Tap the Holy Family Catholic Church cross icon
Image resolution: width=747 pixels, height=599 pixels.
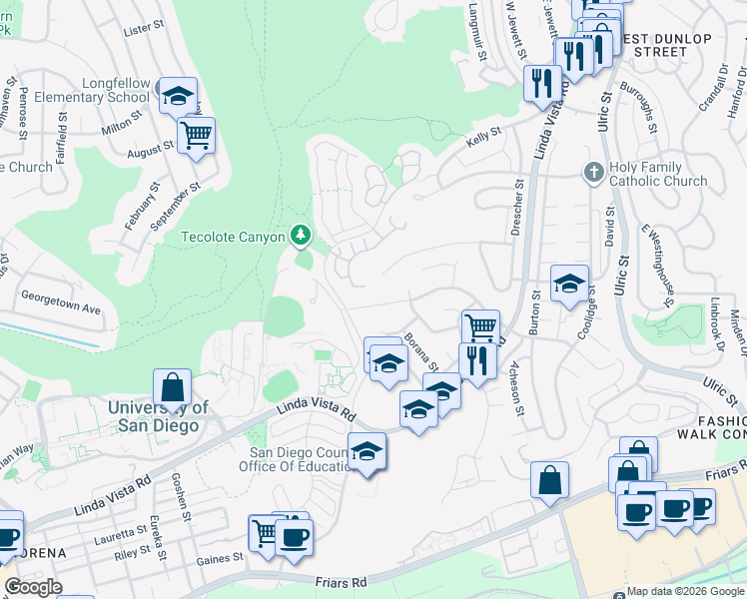pyautogui.click(x=594, y=172)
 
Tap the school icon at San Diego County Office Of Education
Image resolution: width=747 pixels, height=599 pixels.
pyautogui.click(x=367, y=451)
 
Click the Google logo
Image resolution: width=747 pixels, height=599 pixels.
pyautogui.click(x=33, y=587)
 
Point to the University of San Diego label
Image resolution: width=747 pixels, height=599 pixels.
pyautogui.click(x=158, y=416)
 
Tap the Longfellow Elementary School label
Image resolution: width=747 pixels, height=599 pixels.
pyautogui.click(x=91, y=90)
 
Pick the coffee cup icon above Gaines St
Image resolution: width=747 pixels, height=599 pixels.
pyautogui.click(x=293, y=539)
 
